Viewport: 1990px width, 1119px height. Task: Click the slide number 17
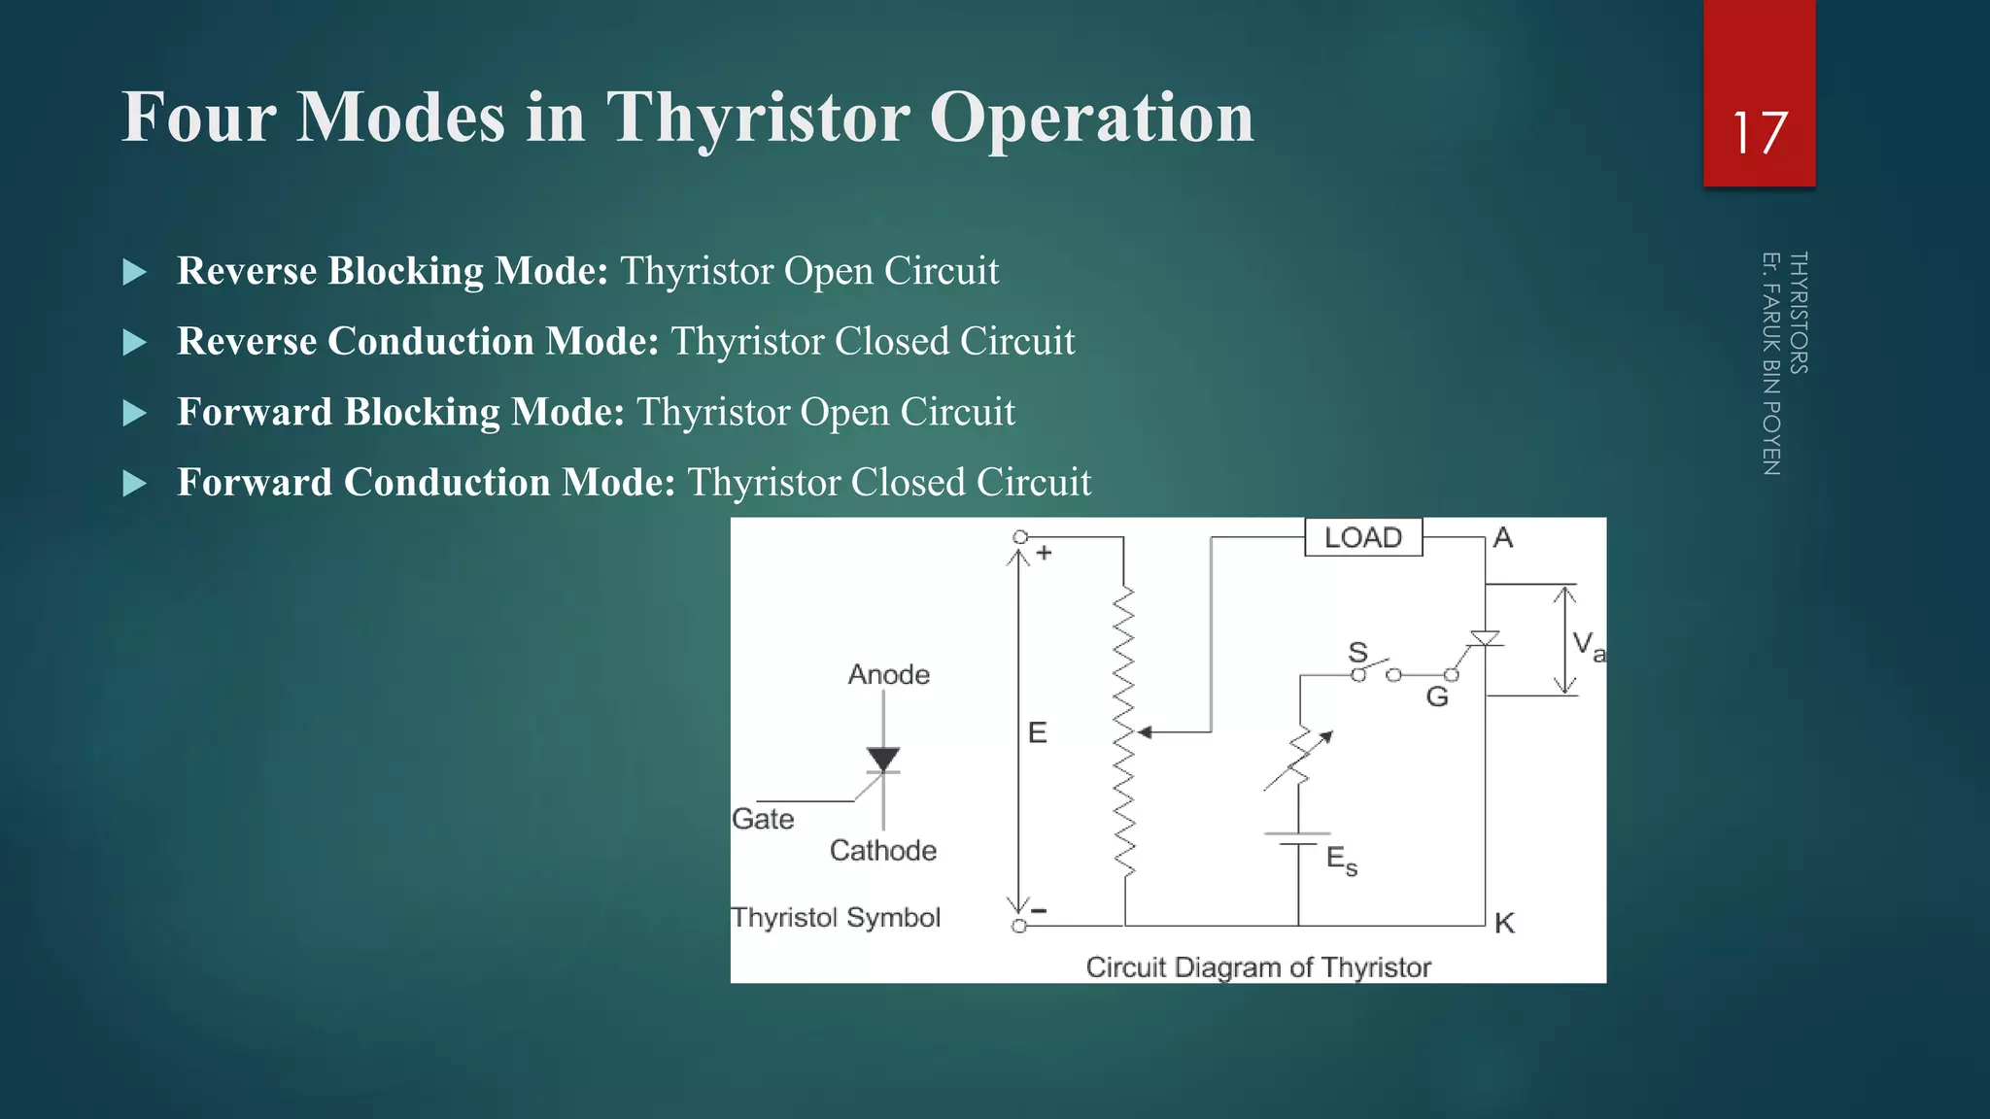click(1759, 133)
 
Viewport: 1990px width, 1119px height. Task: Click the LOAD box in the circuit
click(1363, 537)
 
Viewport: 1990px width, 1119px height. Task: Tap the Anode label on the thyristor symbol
click(888, 674)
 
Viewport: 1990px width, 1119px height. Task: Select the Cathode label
click(882, 850)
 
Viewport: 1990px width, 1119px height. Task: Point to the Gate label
click(763, 819)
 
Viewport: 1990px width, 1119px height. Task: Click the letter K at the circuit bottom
click(1504, 923)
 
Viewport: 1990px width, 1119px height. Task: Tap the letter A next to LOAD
click(1502, 537)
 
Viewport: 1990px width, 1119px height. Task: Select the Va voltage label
click(1588, 645)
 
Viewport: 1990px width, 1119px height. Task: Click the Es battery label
click(1341, 860)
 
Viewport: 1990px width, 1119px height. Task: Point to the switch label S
click(1357, 652)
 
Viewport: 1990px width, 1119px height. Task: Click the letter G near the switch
click(1437, 696)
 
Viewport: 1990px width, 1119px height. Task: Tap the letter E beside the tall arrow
click(1038, 732)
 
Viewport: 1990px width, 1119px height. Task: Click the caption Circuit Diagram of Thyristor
click(1258, 967)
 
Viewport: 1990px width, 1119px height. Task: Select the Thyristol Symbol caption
click(836, 917)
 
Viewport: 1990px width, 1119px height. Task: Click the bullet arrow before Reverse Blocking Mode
click(135, 272)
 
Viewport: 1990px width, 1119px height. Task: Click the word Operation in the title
click(1091, 118)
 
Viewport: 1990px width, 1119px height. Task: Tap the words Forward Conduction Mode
click(426, 483)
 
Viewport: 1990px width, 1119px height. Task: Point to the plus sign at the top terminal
click(1045, 553)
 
